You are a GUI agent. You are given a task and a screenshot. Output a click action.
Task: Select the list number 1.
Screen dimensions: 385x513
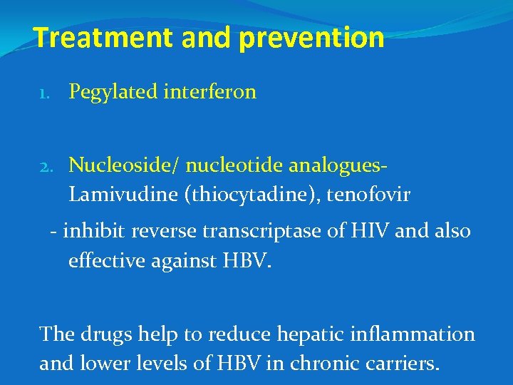tap(44, 93)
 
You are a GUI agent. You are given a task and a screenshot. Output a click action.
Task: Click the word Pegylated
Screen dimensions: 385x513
tap(113, 92)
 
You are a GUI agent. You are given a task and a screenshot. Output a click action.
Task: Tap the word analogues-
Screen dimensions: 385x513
tap(336, 166)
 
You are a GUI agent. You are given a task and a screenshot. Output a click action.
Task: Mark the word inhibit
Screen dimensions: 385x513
tap(88, 232)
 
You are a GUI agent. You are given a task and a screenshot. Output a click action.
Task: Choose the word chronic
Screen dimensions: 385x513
tap(330, 363)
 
